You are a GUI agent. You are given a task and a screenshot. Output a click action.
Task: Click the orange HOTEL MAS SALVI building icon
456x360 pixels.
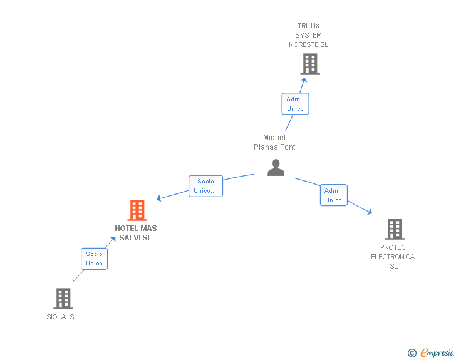(x=137, y=210)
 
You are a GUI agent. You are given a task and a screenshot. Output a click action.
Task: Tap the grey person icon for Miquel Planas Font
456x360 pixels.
(x=276, y=168)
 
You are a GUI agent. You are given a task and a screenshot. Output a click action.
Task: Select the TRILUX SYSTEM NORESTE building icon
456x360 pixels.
(x=309, y=64)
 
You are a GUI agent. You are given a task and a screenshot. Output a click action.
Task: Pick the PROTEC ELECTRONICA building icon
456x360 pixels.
(x=394, y=229)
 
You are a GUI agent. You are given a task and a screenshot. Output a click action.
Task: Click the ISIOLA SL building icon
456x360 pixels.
(x=63, y=299)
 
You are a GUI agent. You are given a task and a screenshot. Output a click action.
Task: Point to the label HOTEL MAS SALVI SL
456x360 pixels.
(x=136, y=233)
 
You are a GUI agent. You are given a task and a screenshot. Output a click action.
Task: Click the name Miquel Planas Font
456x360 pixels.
(x=274, y=142)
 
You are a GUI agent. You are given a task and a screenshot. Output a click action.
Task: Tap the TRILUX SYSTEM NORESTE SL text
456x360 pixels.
(x=308, y=35)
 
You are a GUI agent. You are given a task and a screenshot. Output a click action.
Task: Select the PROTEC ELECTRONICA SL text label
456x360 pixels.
(x=393, y=257)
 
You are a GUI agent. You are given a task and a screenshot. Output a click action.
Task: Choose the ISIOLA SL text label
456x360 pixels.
(x=61, y=317)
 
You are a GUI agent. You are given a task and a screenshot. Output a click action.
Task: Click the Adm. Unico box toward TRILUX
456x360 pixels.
(x=295, y=104)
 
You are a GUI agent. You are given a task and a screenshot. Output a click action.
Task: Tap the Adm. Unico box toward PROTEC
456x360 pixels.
(x=333, y=195)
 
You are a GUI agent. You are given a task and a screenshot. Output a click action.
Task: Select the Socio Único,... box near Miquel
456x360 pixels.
(x=205, y=186)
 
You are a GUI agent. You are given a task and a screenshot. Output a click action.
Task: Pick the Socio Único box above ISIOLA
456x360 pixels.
(x=95, y=259)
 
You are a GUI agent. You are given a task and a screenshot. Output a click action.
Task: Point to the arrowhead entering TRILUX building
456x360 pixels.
(x=304, y=80)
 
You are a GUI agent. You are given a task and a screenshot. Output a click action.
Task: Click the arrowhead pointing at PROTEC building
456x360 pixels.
(x=370, y=212)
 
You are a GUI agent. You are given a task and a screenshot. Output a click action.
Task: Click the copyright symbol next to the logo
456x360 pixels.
(x=412, y=353)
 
